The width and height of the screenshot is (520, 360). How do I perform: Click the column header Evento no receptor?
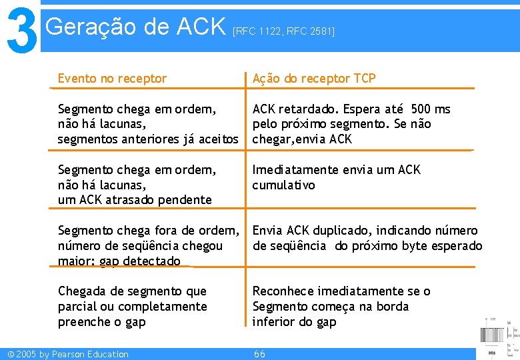click(x=112, y=79)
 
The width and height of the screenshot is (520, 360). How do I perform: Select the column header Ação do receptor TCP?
click(x=314, y=79)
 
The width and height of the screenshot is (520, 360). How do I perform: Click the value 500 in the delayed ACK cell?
click(x=421, y=109)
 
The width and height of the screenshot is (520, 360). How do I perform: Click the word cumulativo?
click(x=283, y=185)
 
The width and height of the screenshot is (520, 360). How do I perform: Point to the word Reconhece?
click(x=283, y=291)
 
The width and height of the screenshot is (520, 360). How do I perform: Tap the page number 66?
click(x=260, y=354)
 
